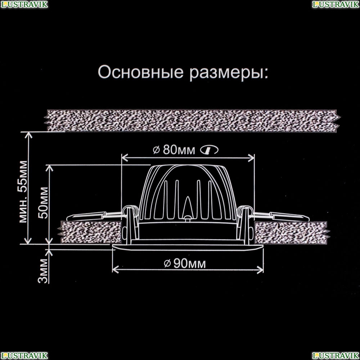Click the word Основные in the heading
tap(140, 72)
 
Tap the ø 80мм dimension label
tap(174, 150)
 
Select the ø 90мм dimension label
tap(185, 264)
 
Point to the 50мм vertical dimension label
tap(44, 203)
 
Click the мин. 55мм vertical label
tap(23, 192)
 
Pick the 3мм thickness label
tap(43, 271)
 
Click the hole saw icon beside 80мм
tap(209, 150)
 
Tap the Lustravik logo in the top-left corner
tap(24, 4)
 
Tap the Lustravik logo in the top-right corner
tap(336, 4)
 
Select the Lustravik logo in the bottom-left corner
tap(24, 356)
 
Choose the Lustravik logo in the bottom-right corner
tap(336, 356)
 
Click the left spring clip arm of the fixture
tap(94, 216)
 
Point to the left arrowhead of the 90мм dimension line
tap(115, 270)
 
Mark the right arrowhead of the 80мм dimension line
tap(251, 158)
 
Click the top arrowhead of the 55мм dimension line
tap(28, 135)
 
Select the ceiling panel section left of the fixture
tap(90, 232)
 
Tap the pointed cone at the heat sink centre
tap(188, 206)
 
